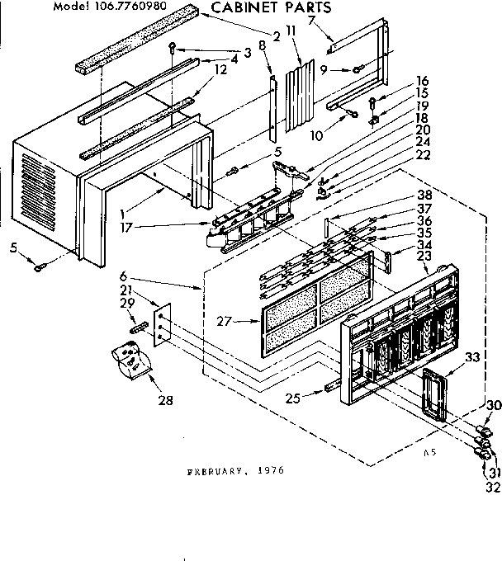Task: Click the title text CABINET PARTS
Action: click(260, 8)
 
